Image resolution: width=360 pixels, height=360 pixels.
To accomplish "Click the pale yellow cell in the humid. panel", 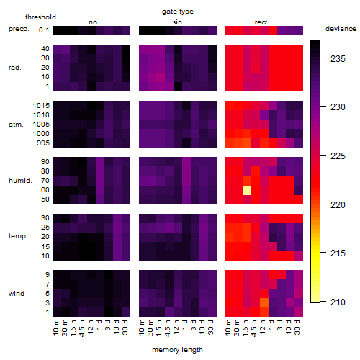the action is click(x=247, y=190).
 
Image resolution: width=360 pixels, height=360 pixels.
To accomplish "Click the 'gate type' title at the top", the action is click(x=178, y=12).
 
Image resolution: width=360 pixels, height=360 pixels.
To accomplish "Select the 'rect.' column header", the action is click(x=261, y=22).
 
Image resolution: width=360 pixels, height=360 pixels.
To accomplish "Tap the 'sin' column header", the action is click(x=177, y=22).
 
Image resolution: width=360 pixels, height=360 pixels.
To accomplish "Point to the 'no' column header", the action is click(x=93, y=22).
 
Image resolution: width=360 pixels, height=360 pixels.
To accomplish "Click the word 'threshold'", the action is click(x=40, y=17).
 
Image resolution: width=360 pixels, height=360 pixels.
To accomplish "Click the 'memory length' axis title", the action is click(x=178, y=350).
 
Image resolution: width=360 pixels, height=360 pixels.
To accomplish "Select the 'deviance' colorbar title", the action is click(x=341, y=29).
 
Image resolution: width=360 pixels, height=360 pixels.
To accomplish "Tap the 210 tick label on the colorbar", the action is click(x=338, y=302).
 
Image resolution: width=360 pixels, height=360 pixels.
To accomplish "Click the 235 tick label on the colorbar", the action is click(x=338, y=59).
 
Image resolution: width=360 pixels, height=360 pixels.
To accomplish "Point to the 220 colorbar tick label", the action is click(x=338, y=205).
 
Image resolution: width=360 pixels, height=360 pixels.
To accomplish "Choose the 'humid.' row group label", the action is click(x=20, y=181).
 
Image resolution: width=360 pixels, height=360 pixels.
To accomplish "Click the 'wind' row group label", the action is click(x=17, y=294).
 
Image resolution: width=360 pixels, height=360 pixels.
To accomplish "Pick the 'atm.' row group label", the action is click(x=16, y=125).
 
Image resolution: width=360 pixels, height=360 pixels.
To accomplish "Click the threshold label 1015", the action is click(x=41, y=106).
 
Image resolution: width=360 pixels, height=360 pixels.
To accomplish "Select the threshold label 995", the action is click(x=43, y=143).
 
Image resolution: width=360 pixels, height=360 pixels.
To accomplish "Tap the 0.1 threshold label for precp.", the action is click(x=44, y=30).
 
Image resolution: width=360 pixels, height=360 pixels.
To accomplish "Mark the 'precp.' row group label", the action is click(x=19, y=29).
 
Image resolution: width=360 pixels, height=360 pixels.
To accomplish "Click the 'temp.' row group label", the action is click(x=18, y=236).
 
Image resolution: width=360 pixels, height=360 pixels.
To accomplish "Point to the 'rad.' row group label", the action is click(x=15, y=68).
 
